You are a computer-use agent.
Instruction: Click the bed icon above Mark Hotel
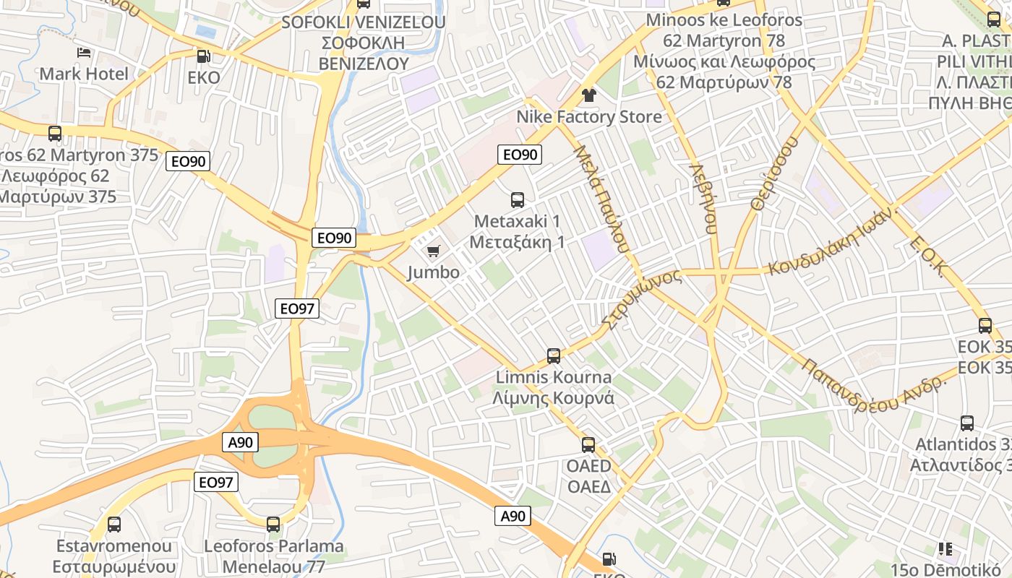[x=84, y=53]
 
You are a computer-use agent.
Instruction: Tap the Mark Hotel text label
[x=84, y=74]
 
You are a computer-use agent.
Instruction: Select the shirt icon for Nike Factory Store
[x=588, y=95]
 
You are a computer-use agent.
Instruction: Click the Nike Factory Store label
[x=588, y=117]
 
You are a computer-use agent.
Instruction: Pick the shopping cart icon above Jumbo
[x=433, y=251]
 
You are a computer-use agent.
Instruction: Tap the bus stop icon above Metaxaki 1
[x=518, y=200]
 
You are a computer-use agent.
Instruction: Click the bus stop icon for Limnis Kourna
[x=554, y=356]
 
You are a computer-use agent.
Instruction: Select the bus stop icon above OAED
[x=588, y=445]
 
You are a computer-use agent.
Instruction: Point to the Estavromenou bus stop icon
[x=114, y=525]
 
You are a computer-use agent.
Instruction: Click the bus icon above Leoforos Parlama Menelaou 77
[x=273, y=525]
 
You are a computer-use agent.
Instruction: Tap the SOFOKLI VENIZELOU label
[x=364, y=22]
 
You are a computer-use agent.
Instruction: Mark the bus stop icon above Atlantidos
[x=967, y=423]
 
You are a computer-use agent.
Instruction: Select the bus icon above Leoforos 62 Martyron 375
[x=55, y=134]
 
